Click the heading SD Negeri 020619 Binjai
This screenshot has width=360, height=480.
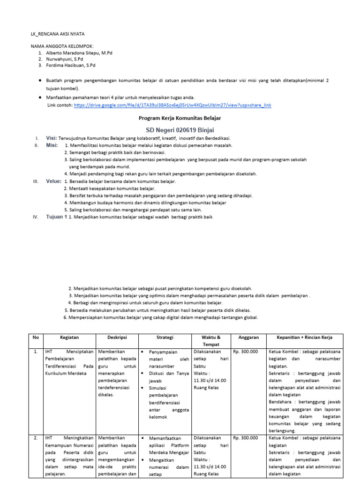(x=180, y=130)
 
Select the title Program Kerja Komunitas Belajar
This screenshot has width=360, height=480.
(x=180, y=118)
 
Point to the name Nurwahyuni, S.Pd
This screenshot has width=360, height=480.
(x=64, y=60)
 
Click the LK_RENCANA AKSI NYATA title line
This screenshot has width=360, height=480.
(x=58, y=34)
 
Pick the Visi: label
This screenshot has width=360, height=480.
(x=51, y=138)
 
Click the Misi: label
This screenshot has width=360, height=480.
(x=52, y=145)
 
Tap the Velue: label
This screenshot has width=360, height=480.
(x=53, y=181)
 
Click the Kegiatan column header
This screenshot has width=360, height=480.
(x=69, y=337)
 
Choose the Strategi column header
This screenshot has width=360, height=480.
(x=165, y=337)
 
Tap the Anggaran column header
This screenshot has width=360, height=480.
(x=248, y=337)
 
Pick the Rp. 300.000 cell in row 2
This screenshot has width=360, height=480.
(x=246, y=438)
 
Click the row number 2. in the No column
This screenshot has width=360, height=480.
(x=35, y=438)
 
